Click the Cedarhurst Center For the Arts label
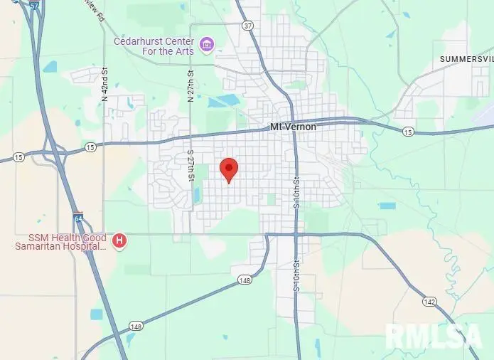154,46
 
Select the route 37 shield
247,26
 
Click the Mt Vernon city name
293,127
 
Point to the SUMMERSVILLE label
466,58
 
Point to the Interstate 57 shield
35,4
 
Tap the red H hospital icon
119,242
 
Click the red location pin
229,169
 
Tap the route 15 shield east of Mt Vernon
407,132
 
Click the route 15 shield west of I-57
18,157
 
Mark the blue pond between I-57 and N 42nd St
50,67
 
